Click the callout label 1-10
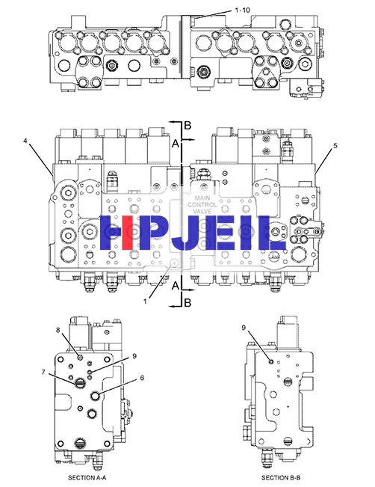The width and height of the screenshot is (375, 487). click(x=242, y=10)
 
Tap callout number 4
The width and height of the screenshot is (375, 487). click(x=25, y=141)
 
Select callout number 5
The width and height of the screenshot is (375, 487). click(x=335, y=146)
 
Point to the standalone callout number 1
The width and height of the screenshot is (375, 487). click(x=145, y=301)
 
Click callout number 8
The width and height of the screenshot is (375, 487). click(x=58, y=330)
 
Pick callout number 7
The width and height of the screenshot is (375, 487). click(x=43, y=372)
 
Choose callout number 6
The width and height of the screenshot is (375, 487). click(x=142, y=378)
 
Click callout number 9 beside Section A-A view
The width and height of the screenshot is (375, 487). click(x=134, y=356)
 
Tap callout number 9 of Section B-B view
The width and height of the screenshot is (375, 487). click(x=244, y=328)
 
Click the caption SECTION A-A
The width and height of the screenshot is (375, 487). click(x=87, y=477)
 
